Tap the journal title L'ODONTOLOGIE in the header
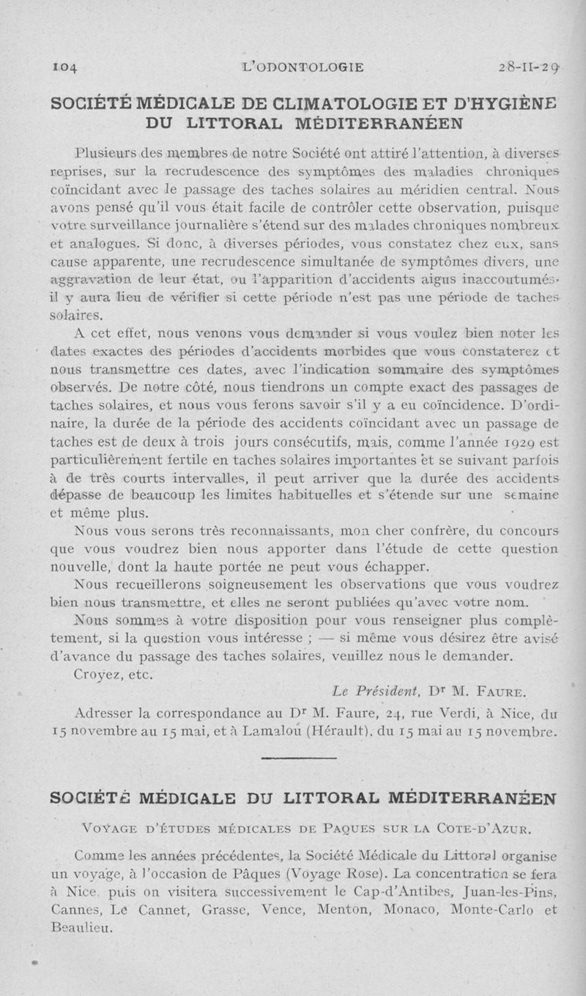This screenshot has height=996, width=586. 307,68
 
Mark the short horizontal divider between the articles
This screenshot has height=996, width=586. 294,759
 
